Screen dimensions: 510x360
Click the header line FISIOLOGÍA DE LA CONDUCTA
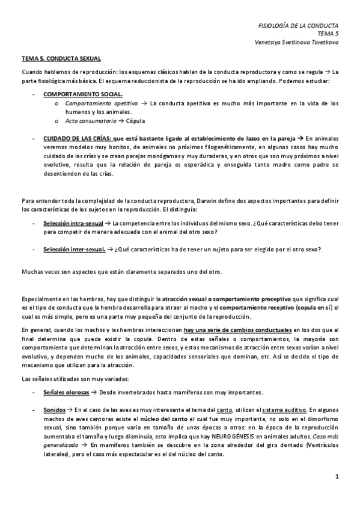click(x=298, y=26)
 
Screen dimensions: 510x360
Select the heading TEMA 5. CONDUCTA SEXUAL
click(x=61, y=58)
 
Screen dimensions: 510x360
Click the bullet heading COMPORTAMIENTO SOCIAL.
click(x=83, y=94)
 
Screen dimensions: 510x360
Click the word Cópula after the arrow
click(x=136, y=120)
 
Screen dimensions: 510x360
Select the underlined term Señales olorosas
click(x=66, y=392)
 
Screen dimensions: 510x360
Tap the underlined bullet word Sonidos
click(x=55, y=409)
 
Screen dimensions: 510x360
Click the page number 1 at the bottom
click(x=337, y=476)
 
